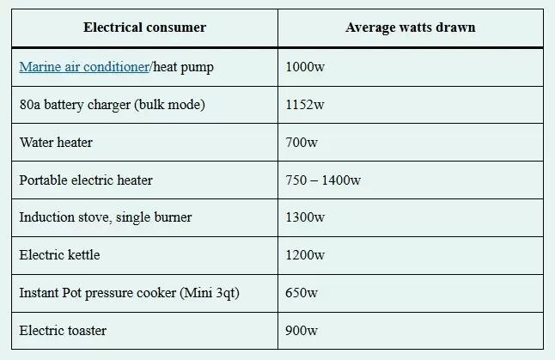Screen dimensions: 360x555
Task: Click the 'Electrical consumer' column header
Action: click(x=144, y=27)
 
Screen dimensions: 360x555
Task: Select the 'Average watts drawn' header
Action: click(x=410, y=27)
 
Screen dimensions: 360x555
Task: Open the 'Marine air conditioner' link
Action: click(x=83, y=67)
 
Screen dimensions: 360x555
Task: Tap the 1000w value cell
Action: click(x=305, y=67)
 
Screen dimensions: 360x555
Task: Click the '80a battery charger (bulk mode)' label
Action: click(x=113, y=105)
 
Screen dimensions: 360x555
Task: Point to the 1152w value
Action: click(x=305, y=105)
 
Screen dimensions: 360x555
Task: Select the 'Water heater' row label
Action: click(x=56, y=142)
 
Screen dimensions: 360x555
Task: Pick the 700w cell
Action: click(x=302, y=142)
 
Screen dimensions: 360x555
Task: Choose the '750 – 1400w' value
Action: click(x=323, y=180)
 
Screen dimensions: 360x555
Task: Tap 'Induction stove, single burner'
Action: click(x=106, y=217)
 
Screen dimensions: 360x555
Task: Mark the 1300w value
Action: click(x=305, y=217)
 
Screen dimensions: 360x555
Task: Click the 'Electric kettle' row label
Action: click(x=59, y=255)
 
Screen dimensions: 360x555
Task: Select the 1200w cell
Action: click(x=305, y=255)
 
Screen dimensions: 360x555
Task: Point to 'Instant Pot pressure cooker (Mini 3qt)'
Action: click(x=129, y=293)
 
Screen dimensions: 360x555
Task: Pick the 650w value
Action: click(x=302, y=293)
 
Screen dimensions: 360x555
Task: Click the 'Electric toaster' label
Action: click(x=63, y=330)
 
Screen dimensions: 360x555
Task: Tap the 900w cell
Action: click(x=302, y=330)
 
